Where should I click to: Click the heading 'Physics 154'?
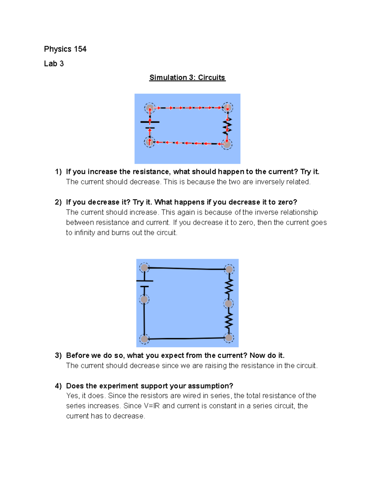pos(65,49)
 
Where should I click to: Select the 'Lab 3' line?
pos(54,64)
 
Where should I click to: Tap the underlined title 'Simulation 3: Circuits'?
pos(187,78)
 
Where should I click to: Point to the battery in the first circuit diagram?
pos(150,125)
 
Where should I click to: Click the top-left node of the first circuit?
pos(150,108)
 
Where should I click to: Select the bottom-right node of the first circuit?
pos(227,144)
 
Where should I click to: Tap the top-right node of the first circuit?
pos(227,107)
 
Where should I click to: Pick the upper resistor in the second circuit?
pos(229,286)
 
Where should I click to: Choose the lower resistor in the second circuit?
pos(229,321)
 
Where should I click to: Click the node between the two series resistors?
pos(228,304)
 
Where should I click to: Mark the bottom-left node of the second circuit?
pos(144,339)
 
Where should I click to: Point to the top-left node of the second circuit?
pos(144,268)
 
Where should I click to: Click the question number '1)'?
pos(58,172)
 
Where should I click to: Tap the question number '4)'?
pos(58,386)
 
